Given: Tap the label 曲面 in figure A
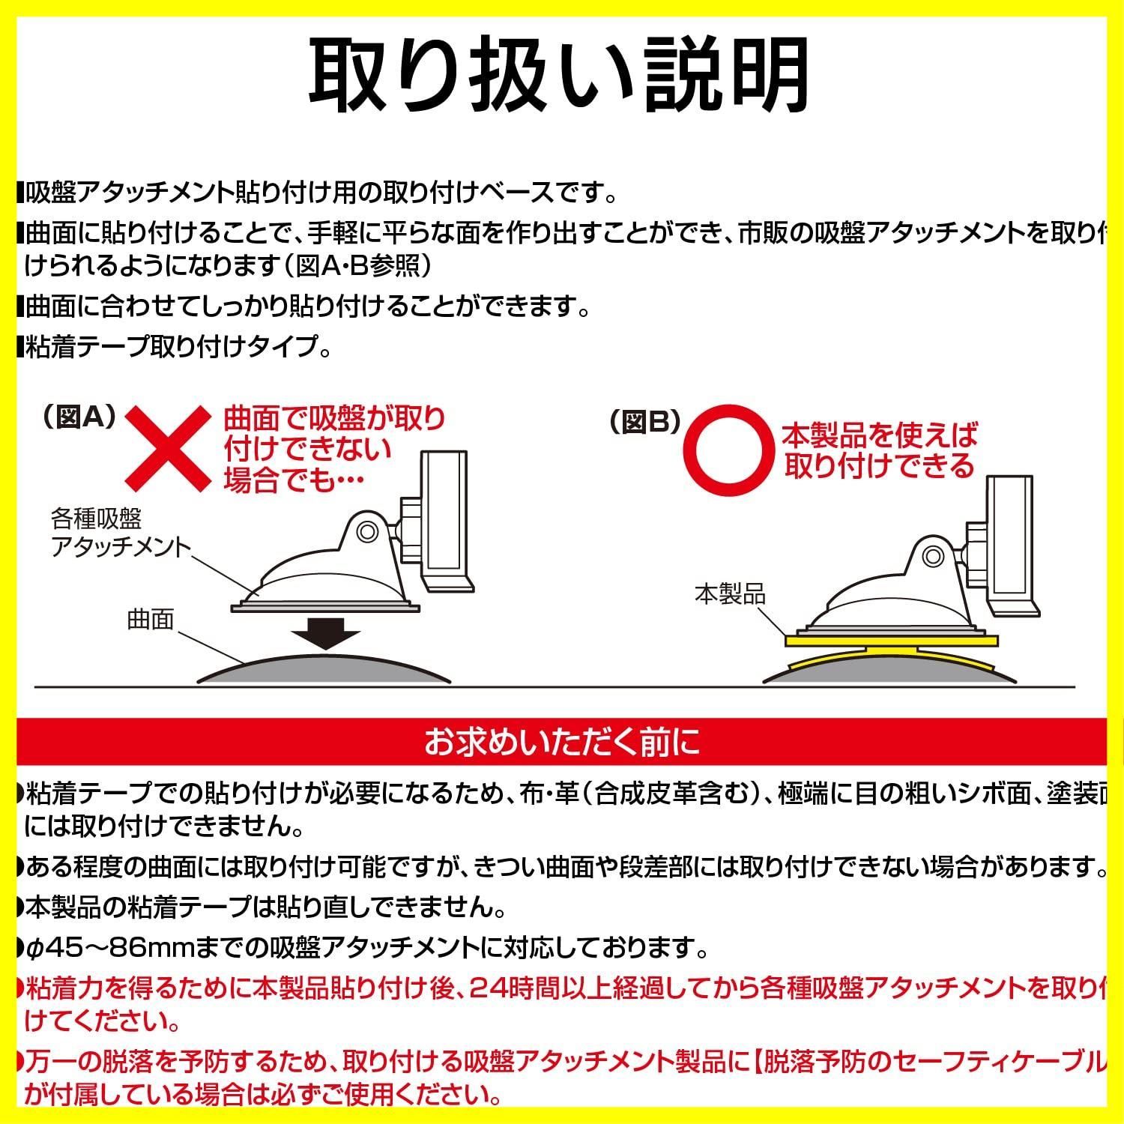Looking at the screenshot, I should point(151,620).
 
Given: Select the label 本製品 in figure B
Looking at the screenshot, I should point(731,594).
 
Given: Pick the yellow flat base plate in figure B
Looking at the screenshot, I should point(892,641).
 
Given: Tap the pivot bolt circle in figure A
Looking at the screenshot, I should point(366,531).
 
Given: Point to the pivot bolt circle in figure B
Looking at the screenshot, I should point(933,557).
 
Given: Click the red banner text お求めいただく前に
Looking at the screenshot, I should point(562,743).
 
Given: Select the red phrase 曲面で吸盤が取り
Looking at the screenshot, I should point(335,418).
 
